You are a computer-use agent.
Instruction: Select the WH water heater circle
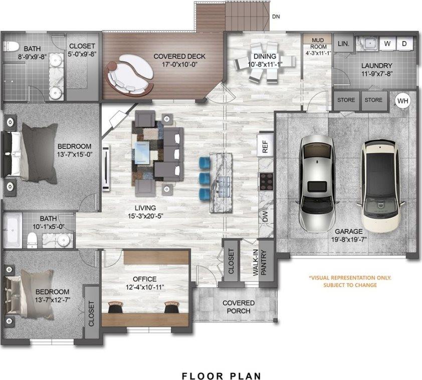click(x=403, y=101)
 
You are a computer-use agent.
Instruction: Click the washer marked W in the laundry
click(x=387, y=44)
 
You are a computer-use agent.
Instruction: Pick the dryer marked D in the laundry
click(x=404, y=44)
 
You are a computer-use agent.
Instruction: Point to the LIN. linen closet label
click(x=343, y=44)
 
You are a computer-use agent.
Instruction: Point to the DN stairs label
click(x=276, y=17)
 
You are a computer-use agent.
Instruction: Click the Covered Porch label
click(x=238, y=307)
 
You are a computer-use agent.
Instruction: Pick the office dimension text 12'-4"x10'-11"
click(x=145, y=287)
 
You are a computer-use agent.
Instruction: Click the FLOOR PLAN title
click(x=221, y=374)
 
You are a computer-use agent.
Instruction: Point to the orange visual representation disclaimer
click(x=350, y=281)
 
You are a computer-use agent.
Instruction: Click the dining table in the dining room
click(x=260, y=64)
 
